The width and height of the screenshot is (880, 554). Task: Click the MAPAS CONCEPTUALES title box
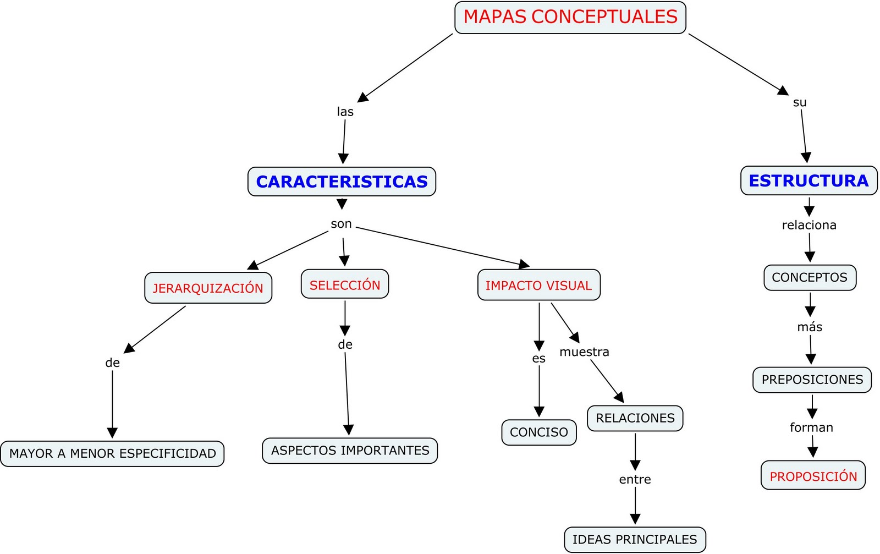tap(570, 17)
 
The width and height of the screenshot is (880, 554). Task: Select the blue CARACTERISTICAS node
tap(342, 182)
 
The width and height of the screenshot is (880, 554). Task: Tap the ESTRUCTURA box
tap(809, 180)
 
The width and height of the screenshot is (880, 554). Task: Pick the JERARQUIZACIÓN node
tap(208, 288)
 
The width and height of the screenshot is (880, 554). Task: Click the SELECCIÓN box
tap(345, 284)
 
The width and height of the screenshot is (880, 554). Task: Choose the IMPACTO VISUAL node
tap(538, 285)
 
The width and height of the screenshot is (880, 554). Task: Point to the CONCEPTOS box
tap(810, 277)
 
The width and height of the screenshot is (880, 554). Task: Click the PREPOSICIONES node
tap(812, 380)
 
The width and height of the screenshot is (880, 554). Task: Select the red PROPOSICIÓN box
tap(813, 476)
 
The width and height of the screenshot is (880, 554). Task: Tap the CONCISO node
tap(538, 432)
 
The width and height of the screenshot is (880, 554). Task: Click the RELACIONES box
tap(635, 418)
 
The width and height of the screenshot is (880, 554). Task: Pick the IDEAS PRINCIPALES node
tap(635, 540)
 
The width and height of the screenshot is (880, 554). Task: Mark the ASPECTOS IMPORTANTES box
tap(350, 451)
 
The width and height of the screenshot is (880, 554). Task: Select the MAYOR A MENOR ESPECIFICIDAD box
tap(112, 454)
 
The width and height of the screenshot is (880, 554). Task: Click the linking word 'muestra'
tap(584, 352)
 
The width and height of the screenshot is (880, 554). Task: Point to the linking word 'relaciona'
tap(809, 225)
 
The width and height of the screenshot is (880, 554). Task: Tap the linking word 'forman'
tap(811, 427)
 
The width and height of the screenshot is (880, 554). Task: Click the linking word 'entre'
tap(635, 480)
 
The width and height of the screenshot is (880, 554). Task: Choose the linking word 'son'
tap(341, 224)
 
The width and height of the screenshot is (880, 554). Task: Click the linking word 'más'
tap(810, 327)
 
